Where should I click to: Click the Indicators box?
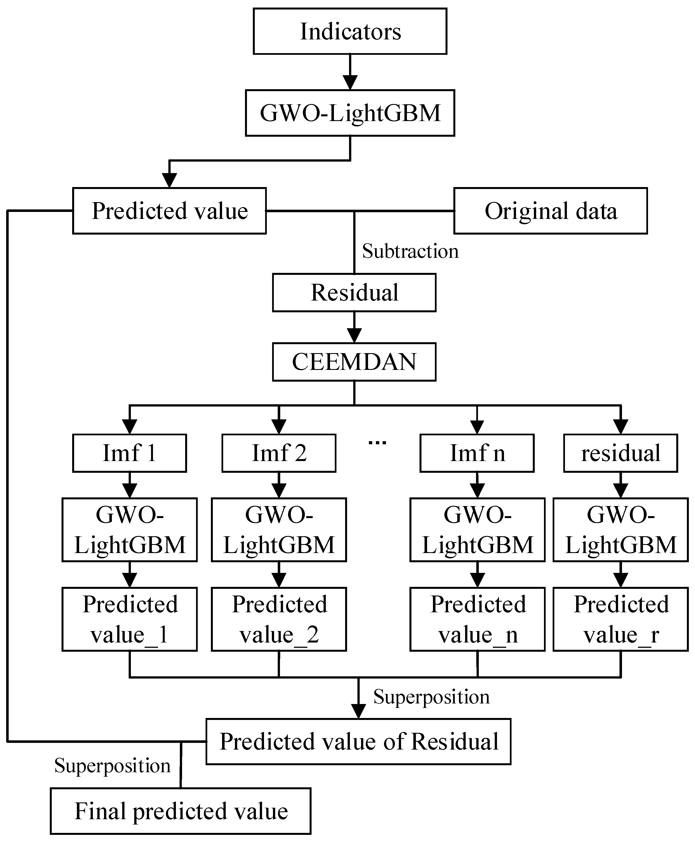(x=350, y=31)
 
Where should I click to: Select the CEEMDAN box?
(x=354, y=362)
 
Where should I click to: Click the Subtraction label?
(x=410, y=251)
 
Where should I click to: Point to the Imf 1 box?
(x=129, y=453)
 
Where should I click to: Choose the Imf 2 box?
(x=279, y=453)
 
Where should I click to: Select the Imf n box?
(x=477, y=453)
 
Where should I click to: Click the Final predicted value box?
(x=181, y=811)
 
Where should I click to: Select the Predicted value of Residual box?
(x=358, y=742)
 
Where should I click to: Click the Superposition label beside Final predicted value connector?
(x=112, y=766)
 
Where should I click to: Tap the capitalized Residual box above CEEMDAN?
(x=354, y=293)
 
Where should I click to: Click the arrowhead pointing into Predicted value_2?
(x=279, y=580)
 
